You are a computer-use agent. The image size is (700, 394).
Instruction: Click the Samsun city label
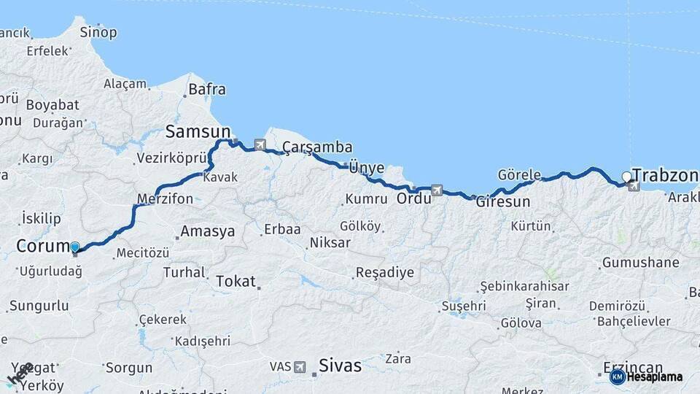pos(198,131)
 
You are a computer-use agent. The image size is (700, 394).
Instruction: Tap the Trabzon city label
pos(665,175)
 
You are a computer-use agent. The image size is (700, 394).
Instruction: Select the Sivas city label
pos(340,366)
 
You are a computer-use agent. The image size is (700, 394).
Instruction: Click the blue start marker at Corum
pos(74,247)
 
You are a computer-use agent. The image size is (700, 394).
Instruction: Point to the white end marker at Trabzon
pos(626,177)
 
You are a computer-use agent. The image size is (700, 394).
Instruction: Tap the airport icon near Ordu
pos(436,190)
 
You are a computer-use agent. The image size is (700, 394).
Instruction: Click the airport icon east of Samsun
pos(260,144)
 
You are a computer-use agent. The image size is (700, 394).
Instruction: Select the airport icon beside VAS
pos(299,366)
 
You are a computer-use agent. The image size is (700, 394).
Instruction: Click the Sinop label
pos(98,32)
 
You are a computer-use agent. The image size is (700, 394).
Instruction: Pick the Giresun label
pos(503,202)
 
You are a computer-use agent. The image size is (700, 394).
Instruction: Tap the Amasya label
pos(208,231)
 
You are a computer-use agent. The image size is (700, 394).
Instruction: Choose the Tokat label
pos(236,281)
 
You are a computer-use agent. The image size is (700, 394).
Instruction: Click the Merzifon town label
pos(165,198)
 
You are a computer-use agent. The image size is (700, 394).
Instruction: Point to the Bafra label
pos(207,90)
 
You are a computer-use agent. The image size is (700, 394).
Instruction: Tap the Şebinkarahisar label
pos(524,286)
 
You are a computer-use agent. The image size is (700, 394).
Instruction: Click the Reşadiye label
pos(384,273)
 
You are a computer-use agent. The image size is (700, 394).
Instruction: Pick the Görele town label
pos(519,174)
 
